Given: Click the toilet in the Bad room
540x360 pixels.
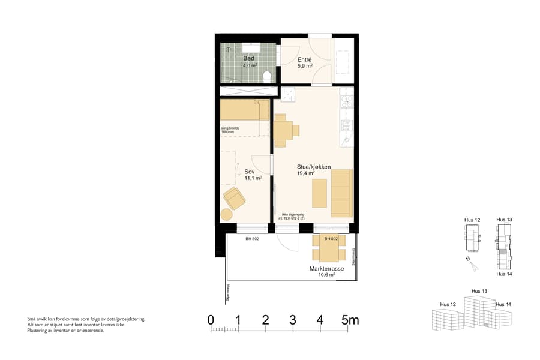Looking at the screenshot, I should click(266, 76).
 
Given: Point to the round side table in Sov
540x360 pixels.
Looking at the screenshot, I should click(226, 214).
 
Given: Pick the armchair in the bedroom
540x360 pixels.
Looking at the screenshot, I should click(234, 197).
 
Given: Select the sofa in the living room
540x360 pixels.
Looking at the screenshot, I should click(341, 193).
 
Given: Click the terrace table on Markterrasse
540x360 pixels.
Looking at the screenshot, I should click(328, 247).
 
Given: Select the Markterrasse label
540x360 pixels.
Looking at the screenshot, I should click(326, 269).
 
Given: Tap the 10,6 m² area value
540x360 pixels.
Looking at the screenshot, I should click(326, 275).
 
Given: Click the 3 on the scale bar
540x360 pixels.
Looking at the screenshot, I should click(292, 320).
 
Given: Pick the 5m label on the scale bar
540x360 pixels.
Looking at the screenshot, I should click(350, 320).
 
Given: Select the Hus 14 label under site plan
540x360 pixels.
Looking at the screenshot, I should click(503, 274).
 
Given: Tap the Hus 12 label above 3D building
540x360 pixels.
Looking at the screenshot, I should click(448, 304).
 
